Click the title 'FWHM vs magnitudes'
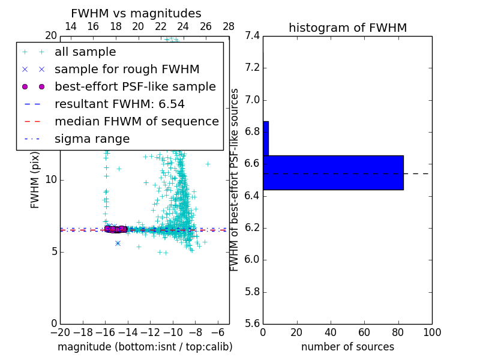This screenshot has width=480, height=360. coord(136,14)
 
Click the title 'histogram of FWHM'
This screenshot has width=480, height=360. coord(347,28)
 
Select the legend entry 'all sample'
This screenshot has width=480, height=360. coord(85,52)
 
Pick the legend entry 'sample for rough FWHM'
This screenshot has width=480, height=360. coord(127,70)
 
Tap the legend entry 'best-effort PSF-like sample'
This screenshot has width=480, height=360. coord(135,87)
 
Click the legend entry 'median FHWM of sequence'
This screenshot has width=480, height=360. coord(136,122)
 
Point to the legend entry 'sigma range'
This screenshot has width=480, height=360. coord(92,139)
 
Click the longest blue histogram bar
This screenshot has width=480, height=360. coord(333,173)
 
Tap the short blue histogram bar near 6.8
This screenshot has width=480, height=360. coord(266,139)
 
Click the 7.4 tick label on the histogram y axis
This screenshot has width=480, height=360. coord(252,36)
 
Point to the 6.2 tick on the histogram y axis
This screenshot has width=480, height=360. coord(252,228)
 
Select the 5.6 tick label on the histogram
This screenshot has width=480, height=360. coord(252,324)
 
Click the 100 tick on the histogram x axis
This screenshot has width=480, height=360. coord(432,332)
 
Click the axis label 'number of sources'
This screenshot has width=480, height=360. coord(347,347)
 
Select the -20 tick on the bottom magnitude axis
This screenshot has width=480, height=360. coord(60,332)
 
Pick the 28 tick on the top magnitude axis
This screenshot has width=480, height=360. coord(229,26)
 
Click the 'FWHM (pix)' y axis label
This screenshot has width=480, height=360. coord(35,181)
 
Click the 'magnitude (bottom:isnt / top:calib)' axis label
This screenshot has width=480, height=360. coord(145,347)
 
